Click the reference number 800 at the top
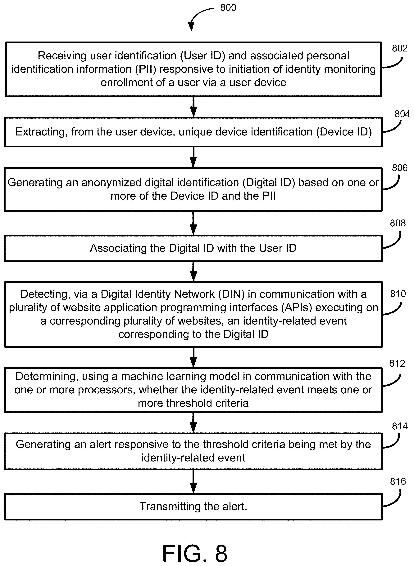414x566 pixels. (228, 8)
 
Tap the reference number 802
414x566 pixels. (400, 48)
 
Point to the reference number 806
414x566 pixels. (400, 168)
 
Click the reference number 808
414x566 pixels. (398, 223)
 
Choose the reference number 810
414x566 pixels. (398, 294)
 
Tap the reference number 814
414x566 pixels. (400, 426)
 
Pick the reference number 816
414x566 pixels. (398, 481)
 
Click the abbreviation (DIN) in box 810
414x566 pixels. (231, 294)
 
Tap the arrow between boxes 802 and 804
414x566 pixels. (193, 107)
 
